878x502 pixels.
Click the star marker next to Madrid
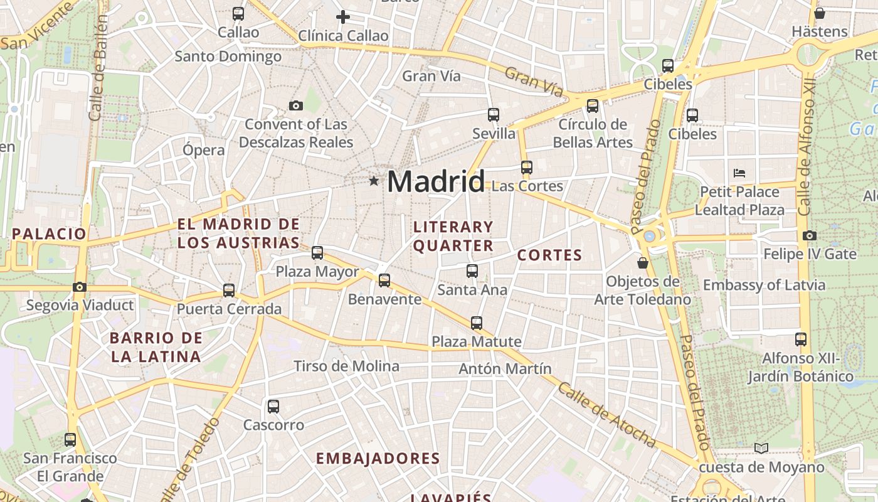[x=374, y=181]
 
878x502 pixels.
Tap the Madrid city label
[x=436, y=181]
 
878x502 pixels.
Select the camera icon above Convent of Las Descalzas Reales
[x=295, y=105]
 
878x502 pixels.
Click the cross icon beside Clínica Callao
[x=343, y=17]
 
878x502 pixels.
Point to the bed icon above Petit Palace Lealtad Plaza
[x=739, y=173]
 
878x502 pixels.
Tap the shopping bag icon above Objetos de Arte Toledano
[x=642, y=262]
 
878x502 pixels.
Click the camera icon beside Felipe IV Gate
[x=810, y=235]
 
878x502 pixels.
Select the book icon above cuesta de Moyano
[x=761, y=448]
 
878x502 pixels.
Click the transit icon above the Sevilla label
[x=494, y=114]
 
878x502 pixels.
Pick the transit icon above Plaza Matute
[x=477, y=323]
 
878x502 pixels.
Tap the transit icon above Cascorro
[x=273, y=406]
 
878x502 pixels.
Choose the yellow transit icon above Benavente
[x=384, y=280]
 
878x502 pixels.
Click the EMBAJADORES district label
[x=378, y=458]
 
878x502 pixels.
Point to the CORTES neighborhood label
[x=549, y=255]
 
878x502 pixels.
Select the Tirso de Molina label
[x=346, y=366]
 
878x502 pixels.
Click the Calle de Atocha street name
[x=606, y=415]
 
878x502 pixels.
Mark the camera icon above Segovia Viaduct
[x=80, y=287]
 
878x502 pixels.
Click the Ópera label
[x=203, y=150]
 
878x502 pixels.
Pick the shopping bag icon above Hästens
[x=819, y=13]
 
